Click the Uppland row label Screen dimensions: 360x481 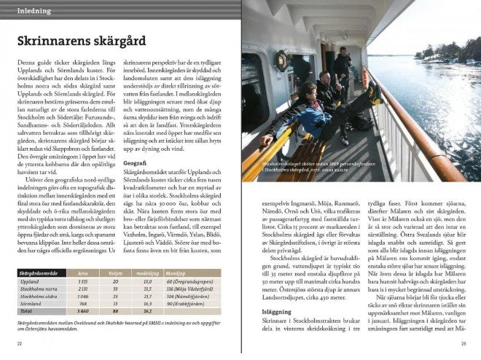click(30, 281)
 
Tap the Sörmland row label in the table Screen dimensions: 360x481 click(31, 304)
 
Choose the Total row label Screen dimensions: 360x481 click(26, 311)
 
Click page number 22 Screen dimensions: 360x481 click(20, 343)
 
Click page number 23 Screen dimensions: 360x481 click(464, 343)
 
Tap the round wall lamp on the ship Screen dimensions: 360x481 click(281, 61)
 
